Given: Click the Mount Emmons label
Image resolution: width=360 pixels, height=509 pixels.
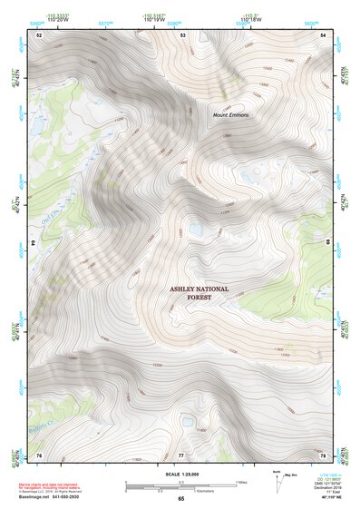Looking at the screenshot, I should point(230,115).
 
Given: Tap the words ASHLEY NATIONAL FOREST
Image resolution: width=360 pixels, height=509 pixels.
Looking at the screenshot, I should point(199,293).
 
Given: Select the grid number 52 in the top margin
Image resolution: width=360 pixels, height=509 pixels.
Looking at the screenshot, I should point(39,34).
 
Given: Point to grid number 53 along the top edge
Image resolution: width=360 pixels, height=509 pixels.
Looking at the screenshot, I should point(183,34).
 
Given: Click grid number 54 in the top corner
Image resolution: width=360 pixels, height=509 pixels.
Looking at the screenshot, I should point(324,34).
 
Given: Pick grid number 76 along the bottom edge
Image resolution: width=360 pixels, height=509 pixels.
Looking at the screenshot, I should point(39,454).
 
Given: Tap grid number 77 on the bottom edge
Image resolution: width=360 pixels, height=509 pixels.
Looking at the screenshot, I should point(181,454).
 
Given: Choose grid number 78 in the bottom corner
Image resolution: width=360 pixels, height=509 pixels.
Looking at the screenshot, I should point(324,454).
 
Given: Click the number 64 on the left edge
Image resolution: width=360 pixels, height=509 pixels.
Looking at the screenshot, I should point(36,243).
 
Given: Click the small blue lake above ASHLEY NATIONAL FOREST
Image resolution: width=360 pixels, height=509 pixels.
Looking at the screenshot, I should point(193,230).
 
